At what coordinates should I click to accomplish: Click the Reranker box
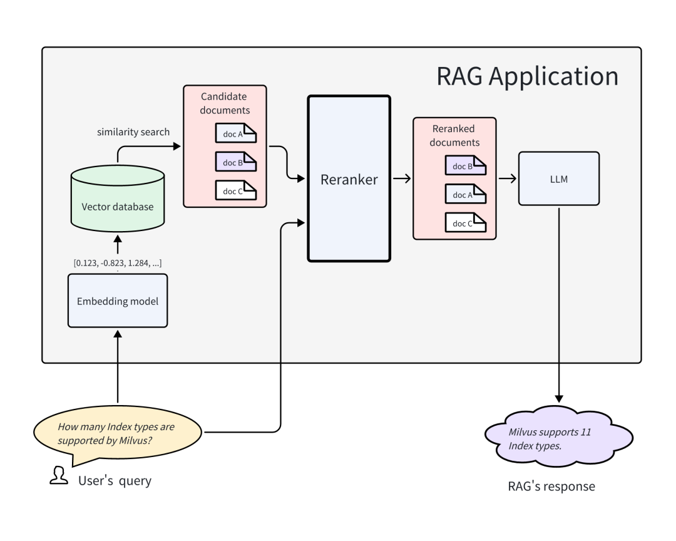tap(349, 179)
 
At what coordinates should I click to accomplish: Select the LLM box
tap(559, 178)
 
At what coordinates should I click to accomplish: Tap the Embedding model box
tap(118, 301)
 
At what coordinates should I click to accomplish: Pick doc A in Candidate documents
tap(236, 133)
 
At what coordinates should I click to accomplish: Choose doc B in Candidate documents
tap(236, 162)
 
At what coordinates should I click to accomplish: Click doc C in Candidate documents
tap(236, 191)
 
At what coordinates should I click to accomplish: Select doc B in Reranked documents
tap(466, 166)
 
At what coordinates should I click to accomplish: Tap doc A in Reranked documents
tap(466, 195)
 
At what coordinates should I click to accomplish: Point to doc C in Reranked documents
tap(466, 223)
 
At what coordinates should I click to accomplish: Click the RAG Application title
tap(526, 76)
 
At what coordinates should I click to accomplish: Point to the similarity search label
tap(133, 132)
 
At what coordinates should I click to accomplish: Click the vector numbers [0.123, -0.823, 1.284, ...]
tap(118, 263)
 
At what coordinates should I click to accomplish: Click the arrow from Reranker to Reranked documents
tap(402, 179)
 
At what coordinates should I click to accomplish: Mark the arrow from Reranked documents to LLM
tap(507, 179)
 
